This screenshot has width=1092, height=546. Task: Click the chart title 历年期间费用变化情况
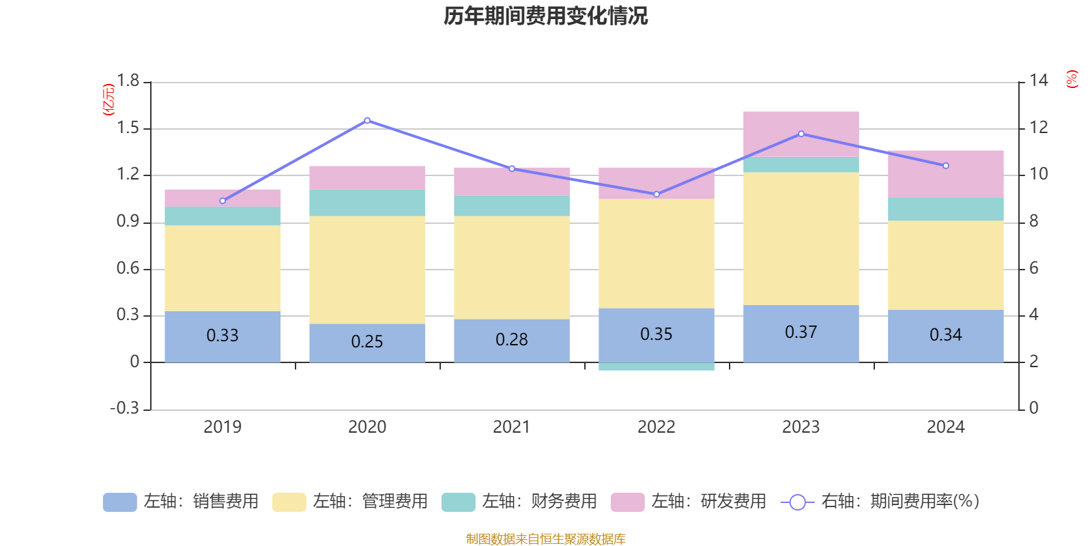[545, 16]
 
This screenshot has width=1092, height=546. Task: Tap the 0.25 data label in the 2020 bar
[367, 341]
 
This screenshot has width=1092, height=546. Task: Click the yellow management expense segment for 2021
[512, 268]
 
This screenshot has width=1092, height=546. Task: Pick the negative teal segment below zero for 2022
[657, 367]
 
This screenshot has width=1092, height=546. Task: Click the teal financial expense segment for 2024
[946, 209]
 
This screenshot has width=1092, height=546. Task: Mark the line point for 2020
[367, 121]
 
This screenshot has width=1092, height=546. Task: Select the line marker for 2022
[657, 195]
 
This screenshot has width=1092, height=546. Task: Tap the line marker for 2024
[946, 166]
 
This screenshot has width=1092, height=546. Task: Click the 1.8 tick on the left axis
[128, 81]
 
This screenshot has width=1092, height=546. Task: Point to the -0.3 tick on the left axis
[124, 408]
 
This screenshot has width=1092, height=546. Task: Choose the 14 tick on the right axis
[1039, 81]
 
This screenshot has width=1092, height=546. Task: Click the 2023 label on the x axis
[801, 427]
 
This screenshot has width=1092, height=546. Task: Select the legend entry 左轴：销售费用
[181, 502]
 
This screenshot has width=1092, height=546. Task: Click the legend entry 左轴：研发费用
[689, 502]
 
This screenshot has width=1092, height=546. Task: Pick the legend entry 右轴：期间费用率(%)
[880, 502]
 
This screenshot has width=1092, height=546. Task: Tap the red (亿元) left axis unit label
[109, 100]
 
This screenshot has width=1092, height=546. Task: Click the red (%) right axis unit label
[1072, 79]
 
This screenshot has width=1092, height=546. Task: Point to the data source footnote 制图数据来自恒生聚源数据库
[545, 539]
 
